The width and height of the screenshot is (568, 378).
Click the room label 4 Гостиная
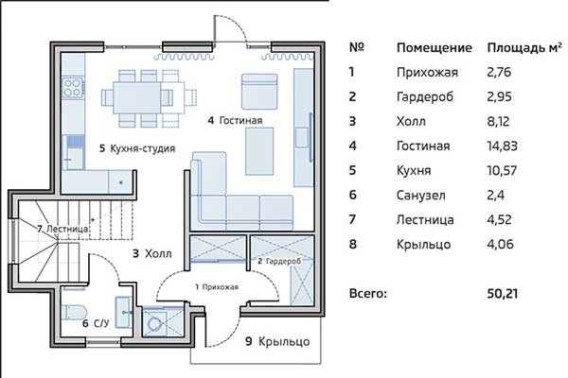(235, 120)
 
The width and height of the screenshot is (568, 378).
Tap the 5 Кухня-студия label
(137, 148)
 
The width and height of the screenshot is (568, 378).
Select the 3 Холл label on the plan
(152, 253)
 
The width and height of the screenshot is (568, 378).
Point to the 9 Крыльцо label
(277, 341)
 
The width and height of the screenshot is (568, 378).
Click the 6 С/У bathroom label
(96, 323)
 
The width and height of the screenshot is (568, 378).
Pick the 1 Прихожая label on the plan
(217, 287)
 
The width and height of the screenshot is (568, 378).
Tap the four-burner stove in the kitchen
(73, 88)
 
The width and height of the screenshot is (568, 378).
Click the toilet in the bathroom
(74, 312)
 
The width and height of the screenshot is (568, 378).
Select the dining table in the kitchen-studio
(137, 97)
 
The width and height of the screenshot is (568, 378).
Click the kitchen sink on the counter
(76, 148)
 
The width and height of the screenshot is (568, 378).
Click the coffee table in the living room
(259, 151)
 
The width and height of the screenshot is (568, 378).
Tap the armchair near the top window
(259, 92)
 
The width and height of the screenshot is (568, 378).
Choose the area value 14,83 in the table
(502, 146)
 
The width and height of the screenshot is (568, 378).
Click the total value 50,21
(502, 293)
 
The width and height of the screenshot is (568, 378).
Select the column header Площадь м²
(524, 48)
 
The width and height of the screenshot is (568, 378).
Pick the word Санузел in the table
(420, 196)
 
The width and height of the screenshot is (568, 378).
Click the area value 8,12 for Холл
(498, 122)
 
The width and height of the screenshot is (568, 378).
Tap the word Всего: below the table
(368, 293)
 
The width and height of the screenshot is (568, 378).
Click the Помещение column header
(434, 48)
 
